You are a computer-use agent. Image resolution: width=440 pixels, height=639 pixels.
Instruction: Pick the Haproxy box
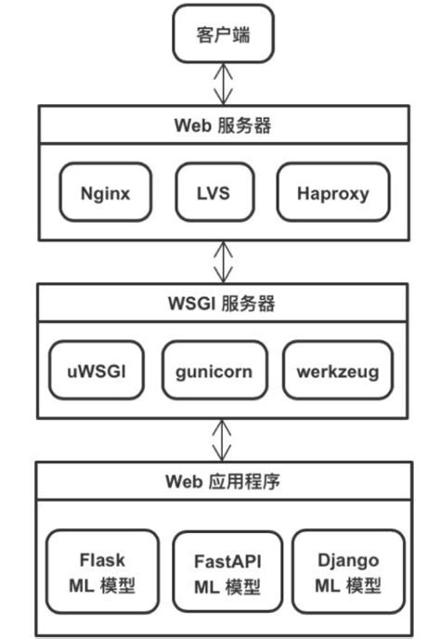(333, 194)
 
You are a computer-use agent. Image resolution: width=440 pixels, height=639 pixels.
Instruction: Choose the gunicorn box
(214, 372)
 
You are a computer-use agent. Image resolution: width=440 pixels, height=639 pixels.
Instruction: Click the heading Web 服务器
(222, 124)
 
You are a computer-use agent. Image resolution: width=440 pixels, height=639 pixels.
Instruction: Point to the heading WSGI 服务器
(222, 303)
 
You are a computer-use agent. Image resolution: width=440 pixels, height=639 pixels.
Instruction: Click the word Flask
(102, 560)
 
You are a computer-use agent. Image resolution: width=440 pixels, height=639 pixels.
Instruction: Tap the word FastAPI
(227, 561)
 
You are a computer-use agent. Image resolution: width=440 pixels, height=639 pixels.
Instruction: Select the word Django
(348, 560)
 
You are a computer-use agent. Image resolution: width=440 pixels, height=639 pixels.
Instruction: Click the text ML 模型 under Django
(348, 586)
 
